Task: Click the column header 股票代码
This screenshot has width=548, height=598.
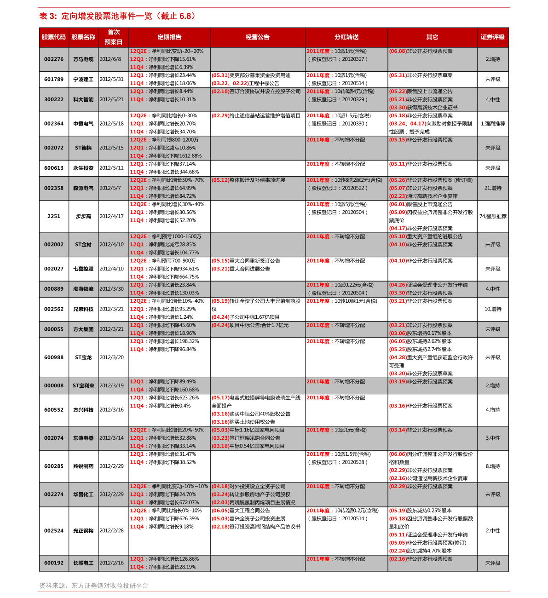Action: click(54, 37)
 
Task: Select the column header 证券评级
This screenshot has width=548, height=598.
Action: click(492, 37)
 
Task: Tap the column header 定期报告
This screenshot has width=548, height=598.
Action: click(169, 37)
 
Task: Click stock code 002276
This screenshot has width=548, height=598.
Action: click(54, 59)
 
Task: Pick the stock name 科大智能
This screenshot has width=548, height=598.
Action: click(83, 99)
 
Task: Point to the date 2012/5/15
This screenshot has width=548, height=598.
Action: click(111, 148)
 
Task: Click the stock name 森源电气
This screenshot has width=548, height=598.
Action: click(83, 188)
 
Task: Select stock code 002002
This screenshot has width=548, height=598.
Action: click(54, 245)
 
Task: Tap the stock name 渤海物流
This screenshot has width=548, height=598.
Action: click(83, 289)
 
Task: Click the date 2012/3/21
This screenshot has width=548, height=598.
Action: click(111, 329)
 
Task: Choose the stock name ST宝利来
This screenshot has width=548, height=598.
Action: click(83, 386)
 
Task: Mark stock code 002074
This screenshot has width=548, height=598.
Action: click(54, 438)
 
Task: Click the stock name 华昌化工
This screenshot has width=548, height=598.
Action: click(83, 494)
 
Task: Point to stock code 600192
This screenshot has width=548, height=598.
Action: click(54, 563)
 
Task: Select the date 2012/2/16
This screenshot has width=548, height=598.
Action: click(111, 563)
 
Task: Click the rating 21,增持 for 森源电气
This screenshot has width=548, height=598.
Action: click(493, 188)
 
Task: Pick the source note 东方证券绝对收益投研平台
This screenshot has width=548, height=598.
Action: click(110, 586)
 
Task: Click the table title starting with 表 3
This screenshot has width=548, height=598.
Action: click(118, 17)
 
